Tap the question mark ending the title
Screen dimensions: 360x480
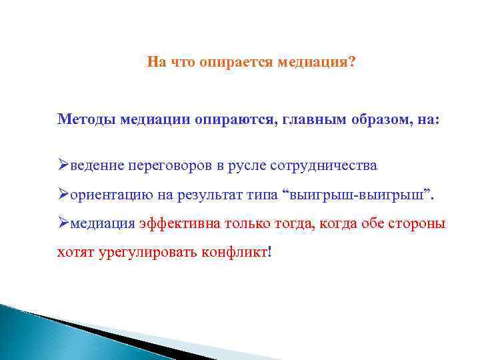pyautogui.click(x=352, y=62)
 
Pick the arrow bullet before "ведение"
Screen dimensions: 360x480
pyautogui.click(x=63, y=165)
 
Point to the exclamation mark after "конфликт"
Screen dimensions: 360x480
pyautogui.click(x=269, y=253)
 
